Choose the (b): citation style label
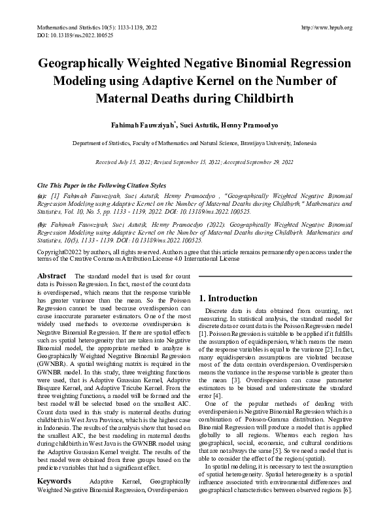coord(42,223)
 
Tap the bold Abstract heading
coord(52,277)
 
